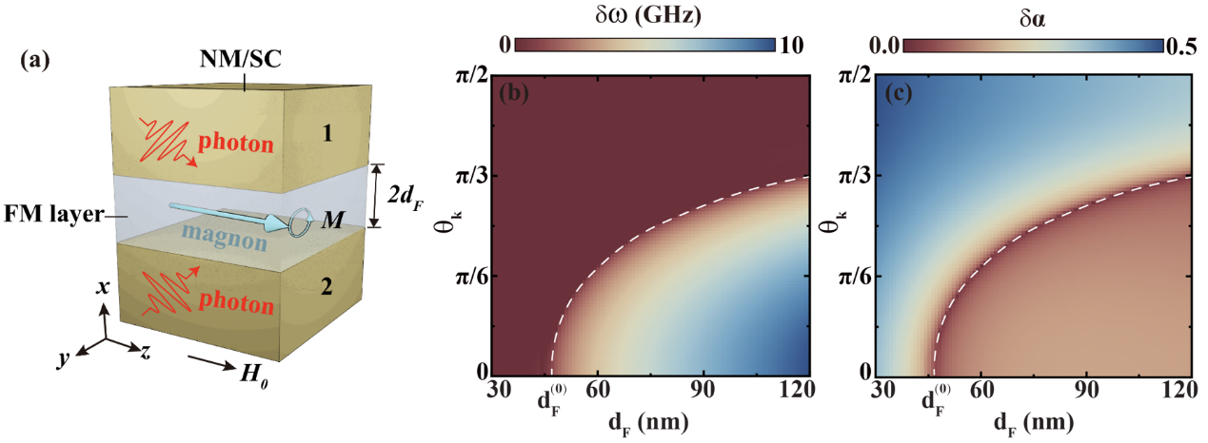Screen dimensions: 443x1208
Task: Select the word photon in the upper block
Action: point(236,145)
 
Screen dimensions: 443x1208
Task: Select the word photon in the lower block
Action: point(235,308)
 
